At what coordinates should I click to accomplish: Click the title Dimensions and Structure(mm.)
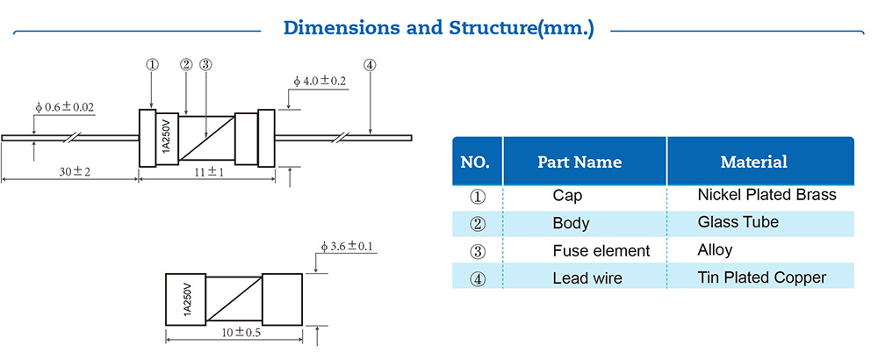[438, 28]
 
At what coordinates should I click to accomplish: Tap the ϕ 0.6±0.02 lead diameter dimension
[65, 107]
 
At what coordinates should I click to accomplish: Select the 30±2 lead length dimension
[70, 173]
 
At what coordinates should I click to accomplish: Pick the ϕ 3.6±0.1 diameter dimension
[349, 246]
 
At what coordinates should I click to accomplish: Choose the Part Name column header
[579, 162]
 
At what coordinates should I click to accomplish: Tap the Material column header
[753, 162]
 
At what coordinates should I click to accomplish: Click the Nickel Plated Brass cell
[766, 195]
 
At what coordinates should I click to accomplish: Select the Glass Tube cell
[738, 222]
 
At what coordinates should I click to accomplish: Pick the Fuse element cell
[601, 251]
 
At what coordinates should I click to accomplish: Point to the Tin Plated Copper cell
[761, 277]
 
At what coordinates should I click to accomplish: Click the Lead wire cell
[587, 278]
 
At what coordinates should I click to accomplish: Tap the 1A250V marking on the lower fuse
[186, 299]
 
